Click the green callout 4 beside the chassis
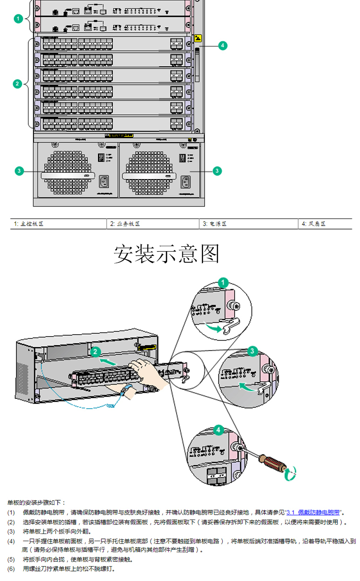222,46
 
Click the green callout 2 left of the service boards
18,84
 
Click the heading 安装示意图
167,254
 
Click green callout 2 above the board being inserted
95,351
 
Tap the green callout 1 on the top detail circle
223,282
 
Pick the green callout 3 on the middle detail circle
252,351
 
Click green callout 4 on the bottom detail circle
218,430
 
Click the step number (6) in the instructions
11,569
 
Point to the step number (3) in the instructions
11,532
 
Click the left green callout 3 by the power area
19,170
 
